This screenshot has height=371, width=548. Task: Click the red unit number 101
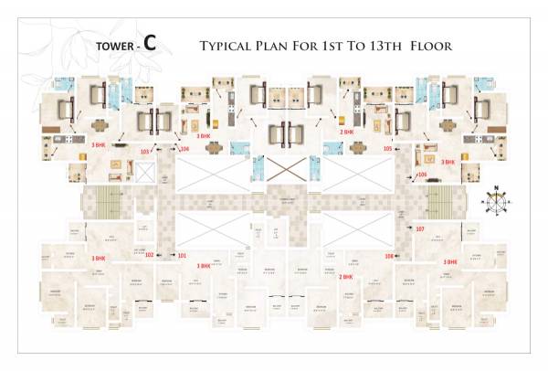pos(181,255)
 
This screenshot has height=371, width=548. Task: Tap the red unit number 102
pos(150,255)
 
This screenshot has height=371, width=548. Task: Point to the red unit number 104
pos(184,148)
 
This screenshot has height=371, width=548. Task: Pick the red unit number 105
pos(388,148)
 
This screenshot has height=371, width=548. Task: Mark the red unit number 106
pos(422,174)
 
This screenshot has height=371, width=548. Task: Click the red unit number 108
pos(389,257)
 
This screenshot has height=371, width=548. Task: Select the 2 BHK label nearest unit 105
pos(347,132)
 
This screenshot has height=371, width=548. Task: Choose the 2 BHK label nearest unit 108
pos(346,275)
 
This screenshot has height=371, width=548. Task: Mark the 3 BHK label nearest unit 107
pos(449,260)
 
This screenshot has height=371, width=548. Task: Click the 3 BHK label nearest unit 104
pos(204,135)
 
